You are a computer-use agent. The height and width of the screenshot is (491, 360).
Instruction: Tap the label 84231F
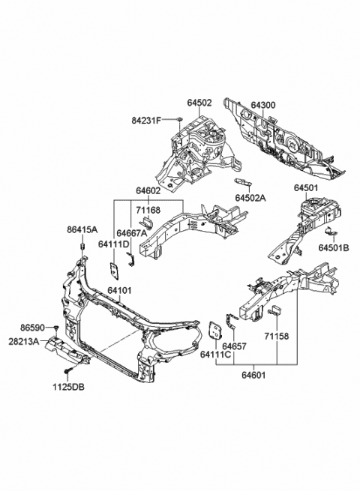pyautogui.click(x=148, y=120)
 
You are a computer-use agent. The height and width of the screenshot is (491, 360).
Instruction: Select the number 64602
pyautogui.click(x=148, y=192)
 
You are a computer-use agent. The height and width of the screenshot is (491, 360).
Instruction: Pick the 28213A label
pyautogui.click(x=25, y=340)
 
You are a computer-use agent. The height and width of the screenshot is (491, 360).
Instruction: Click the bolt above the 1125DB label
pyautogui.click(x=67, y=370)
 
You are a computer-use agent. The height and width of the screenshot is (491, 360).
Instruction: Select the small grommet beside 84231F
pyautogui.click(x=181, y=119)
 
